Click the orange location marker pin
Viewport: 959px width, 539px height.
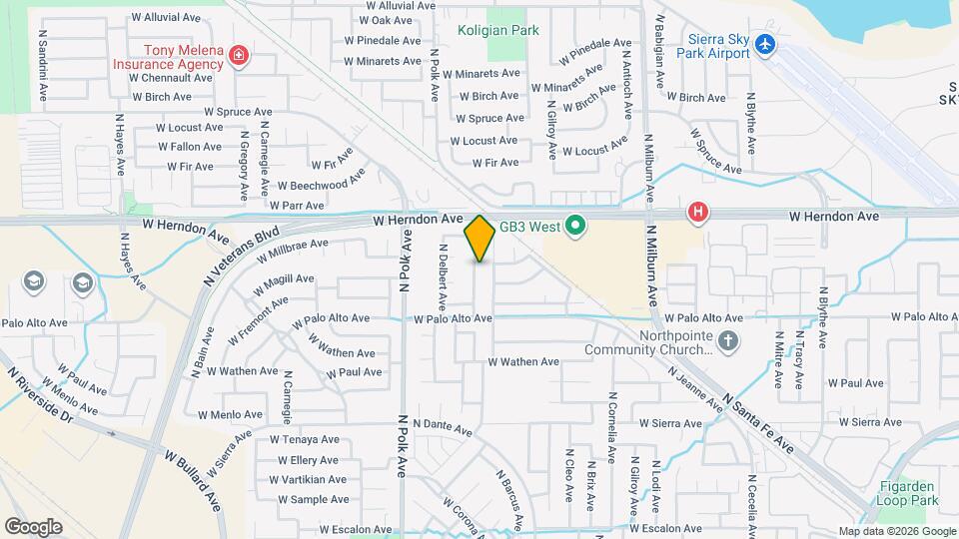coord(479,238)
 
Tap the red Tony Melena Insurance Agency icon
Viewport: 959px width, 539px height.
coord(239,56)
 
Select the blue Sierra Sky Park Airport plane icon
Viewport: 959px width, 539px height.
coord(766,45)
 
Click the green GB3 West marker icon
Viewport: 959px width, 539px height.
coord(574,227)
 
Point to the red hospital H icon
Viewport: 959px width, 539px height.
coord(698,212)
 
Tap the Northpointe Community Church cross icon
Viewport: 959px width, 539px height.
coord(729,341)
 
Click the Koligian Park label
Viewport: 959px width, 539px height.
coord(498,30)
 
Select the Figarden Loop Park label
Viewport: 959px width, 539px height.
coord(909,493)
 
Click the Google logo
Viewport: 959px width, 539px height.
coord(33,526)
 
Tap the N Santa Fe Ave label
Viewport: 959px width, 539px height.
coord(760,419)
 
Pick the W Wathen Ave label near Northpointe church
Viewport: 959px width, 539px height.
coord(523,361)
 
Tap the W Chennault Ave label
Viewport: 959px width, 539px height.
coord(172,77)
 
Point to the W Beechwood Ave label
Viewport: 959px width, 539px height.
coord(322,185)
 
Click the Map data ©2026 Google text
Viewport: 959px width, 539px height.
coord(895,531)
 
